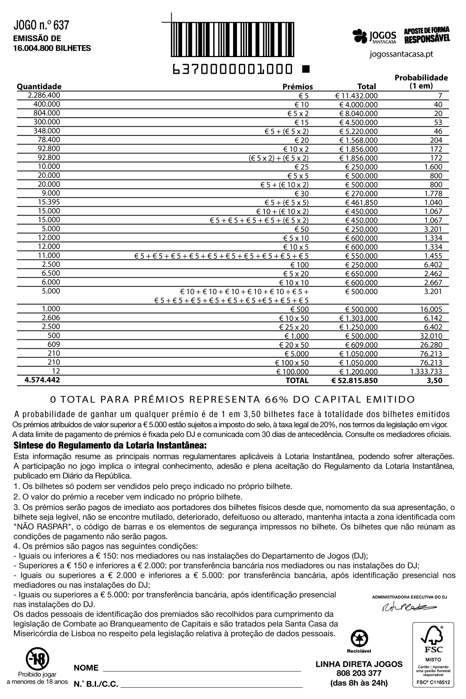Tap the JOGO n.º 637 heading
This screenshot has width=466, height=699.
click(x=41, y=26)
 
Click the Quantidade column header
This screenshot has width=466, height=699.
click(x=39, y=86)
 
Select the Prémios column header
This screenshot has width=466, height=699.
click(x=297, y=87)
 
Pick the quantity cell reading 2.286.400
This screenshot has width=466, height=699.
click(x=44, y=95)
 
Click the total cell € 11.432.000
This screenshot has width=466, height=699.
click(x=356, y=96)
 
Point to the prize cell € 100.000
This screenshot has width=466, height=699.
click(x=292, y=372)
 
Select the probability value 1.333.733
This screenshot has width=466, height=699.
click(x=426, y=372)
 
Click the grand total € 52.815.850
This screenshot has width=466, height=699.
click(x=354, y=381)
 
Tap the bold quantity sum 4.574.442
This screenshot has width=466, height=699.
click(x=42, y=380)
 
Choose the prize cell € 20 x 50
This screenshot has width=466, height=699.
click(x=294, y=345)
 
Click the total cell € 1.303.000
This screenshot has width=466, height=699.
click(x=358, y=318)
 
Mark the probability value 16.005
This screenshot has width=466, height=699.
click(x=431, y=309)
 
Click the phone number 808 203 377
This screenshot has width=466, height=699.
click(x=358, y=673)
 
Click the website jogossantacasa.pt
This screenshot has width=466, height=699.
click(x=401, y=54)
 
